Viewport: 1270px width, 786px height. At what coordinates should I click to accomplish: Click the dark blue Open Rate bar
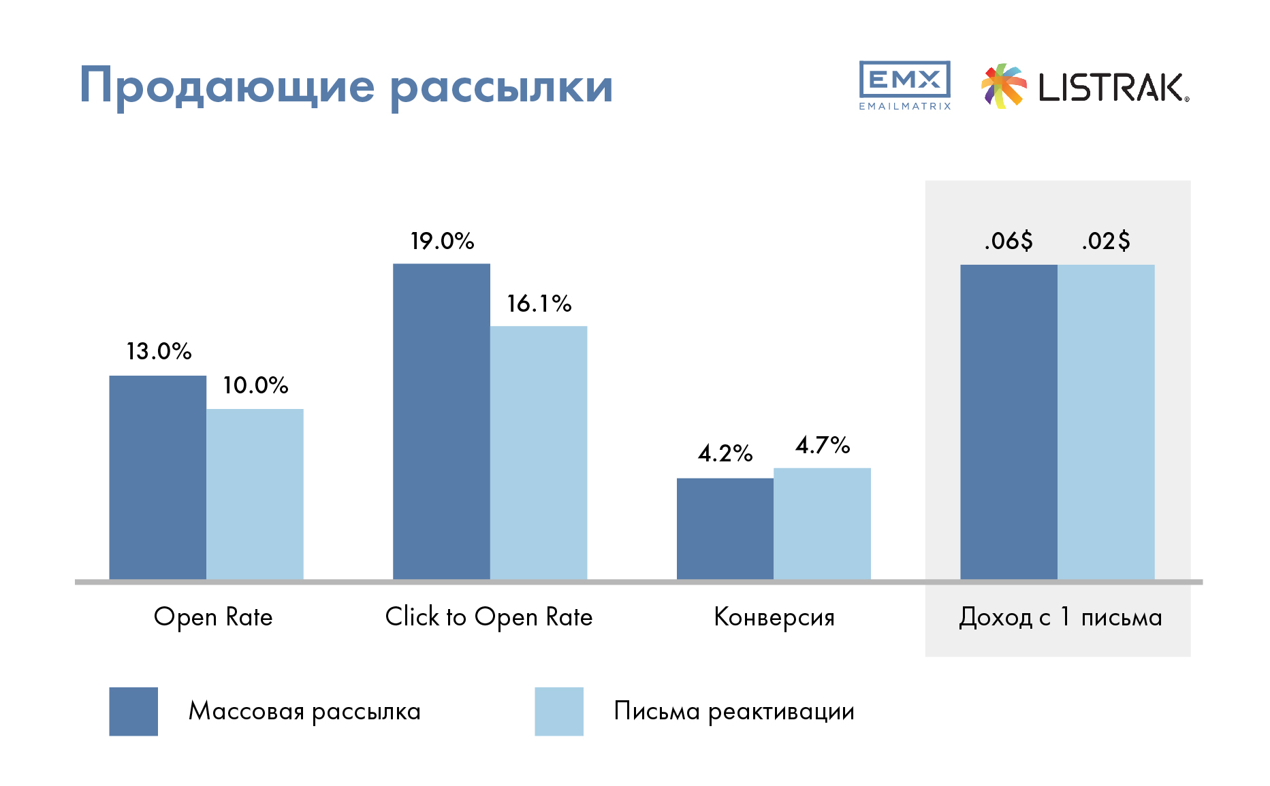[x=158, y=478]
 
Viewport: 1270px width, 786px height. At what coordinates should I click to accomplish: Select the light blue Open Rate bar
[x=255, y=494]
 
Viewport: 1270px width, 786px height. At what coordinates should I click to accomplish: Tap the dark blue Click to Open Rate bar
[x=441, y=422]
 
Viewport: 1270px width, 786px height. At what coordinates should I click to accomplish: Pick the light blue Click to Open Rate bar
[x=539, y=453]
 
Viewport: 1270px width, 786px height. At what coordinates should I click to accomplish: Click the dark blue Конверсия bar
[x=725, y=529]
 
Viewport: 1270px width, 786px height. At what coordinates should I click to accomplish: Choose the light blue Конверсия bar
[x=822, y=524]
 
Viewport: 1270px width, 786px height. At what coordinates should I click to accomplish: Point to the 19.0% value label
[x=442, y=241]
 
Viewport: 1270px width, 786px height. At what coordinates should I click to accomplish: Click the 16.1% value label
[x=539, y=304]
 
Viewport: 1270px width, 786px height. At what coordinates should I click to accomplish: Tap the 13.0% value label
[x=159, y=351]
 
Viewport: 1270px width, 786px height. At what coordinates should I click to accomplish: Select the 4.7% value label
[x=823, y=445]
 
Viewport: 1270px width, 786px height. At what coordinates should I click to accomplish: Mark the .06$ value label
[x=1009, y=241]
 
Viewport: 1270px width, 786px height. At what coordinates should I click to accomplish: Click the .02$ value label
[x=1106, y=241]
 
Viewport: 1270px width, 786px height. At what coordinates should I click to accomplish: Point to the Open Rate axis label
[x=213, y=617]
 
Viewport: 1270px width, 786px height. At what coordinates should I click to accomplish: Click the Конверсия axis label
[x=774, y=617]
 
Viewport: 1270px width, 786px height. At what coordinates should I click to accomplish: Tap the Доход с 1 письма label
[x=1060, y=617]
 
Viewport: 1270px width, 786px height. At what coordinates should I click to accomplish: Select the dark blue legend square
[x=133, y=711]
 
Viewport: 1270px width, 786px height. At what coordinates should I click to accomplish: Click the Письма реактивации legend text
[x=734, y=711]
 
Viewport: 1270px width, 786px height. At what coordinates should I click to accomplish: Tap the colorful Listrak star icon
[x=1004, y=86]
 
